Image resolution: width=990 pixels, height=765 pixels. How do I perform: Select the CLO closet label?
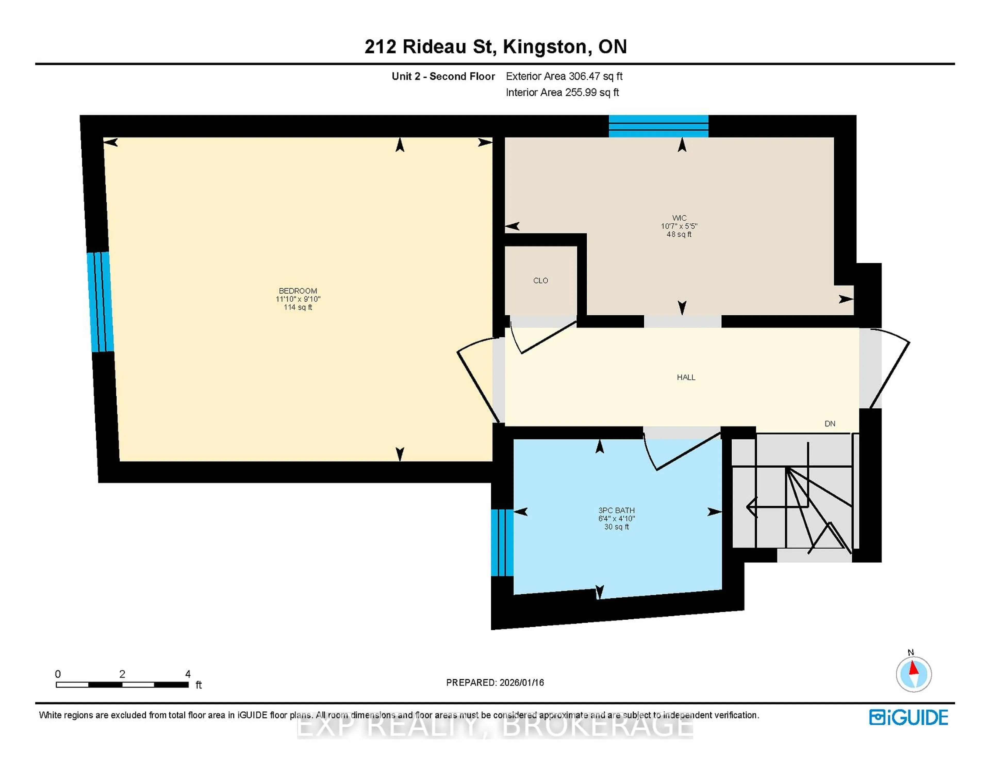coord(540,280)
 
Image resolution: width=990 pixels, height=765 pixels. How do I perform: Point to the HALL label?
coord(686,377)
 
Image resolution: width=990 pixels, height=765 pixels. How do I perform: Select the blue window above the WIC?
coord(658,126)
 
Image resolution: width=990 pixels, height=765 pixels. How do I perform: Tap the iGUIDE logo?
coord(909,717)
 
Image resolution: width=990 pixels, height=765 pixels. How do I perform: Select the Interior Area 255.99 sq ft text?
coord(562,93)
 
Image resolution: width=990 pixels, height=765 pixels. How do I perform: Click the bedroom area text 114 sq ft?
coord(298,307)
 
